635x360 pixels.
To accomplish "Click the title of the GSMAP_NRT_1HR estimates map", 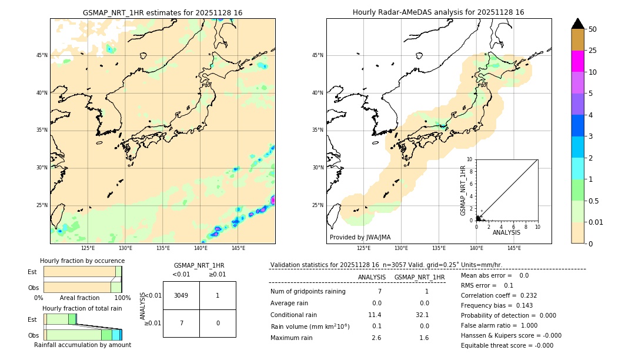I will click(x=162, y=12).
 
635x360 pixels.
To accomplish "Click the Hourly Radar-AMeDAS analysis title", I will click(x=439, y=12).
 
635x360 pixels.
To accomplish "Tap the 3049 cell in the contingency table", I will click(x=181, y=295).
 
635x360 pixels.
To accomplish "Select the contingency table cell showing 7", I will click(x=181, y=323).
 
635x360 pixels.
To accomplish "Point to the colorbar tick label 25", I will click(x=593, y=51).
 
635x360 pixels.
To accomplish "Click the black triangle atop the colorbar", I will click(x=578, y=24).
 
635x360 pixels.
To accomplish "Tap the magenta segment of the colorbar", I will click(x=578, y=61).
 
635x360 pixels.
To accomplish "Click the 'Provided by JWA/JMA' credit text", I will click(x=360, y=238).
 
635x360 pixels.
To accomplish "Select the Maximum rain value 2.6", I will click(x=376, y=338).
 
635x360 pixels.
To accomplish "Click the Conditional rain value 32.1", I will click(x=423, y=315).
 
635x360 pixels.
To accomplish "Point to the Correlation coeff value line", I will click(x=499, y=295).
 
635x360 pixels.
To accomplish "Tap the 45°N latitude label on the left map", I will click(x=42, y=55).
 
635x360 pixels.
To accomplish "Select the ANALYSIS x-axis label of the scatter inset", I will click(x=506, y=232).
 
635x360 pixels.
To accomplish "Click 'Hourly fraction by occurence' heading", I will click(x=82, y=261).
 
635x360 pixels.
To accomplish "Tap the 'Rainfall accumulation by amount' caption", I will click(x=82, y=345).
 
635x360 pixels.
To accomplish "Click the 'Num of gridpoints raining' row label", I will click(x=308, y=292).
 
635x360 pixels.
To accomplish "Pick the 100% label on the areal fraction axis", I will click(x=122, y=298).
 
